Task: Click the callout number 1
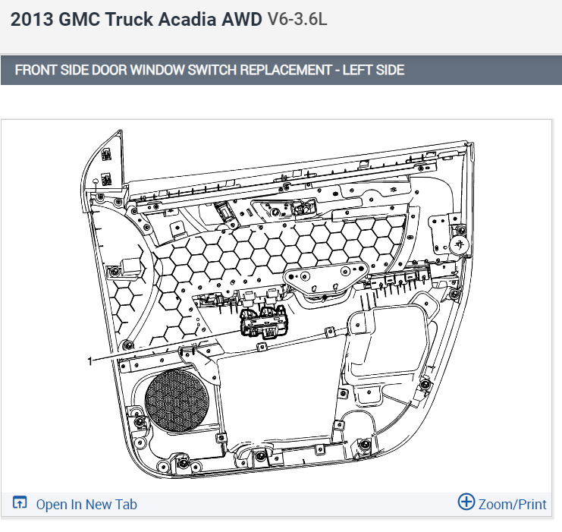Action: [x=90, y=361]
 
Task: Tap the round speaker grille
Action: [x=177, y=401]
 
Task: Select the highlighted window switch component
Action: [x=263, y=322]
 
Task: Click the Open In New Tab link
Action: [x=86, y=505]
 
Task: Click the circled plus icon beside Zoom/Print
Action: [x=466, y=502]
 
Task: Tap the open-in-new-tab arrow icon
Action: [x=20, y=502]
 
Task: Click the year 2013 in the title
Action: [x=32, y=19]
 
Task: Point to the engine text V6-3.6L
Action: [x=297, y=19]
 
